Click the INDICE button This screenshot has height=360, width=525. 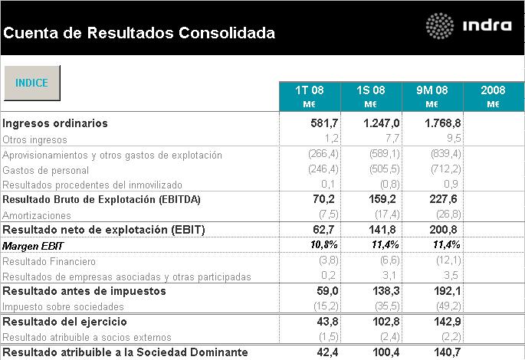pyautogui.click(x=31, y=83)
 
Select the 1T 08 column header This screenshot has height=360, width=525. pyautogui.click(x=311, y=97)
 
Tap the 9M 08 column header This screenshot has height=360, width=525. pyautogui.click(x=432, y=97)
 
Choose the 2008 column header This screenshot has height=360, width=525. pyautogui.click(x=493, y=97)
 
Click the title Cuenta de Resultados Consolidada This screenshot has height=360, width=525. pyautogui.click(x=139, y=33)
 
